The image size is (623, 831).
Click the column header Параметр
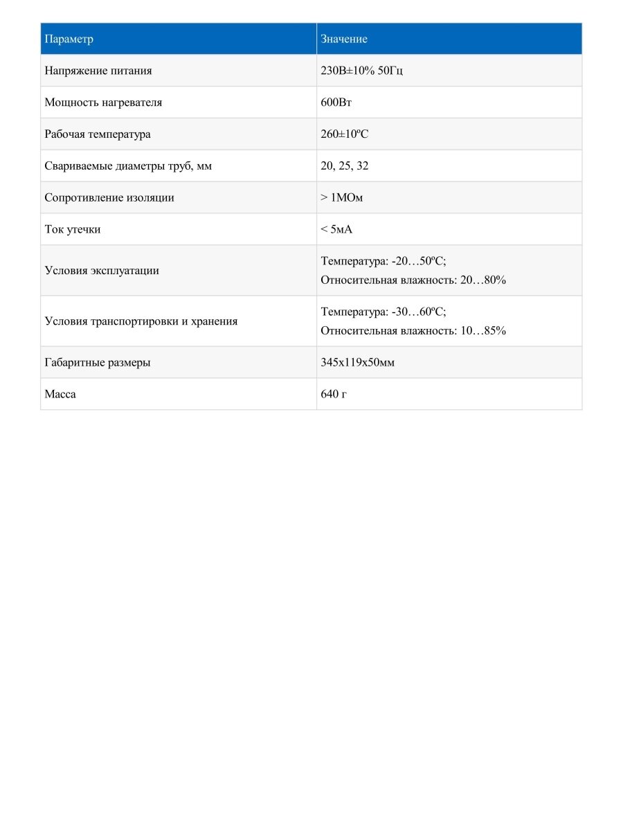69,39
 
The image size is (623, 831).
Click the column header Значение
344,39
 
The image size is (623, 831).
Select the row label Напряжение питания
98,71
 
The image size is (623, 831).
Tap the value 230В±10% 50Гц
362,71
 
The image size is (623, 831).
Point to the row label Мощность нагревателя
103,102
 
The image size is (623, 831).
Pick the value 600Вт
337,102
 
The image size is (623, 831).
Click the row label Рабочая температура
97,134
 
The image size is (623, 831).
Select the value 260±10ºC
345,134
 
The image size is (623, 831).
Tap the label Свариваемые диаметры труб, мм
128,166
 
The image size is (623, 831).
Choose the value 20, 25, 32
345,166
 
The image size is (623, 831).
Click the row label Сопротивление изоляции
109,198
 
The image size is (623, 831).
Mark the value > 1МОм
342,198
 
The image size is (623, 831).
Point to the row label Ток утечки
72,230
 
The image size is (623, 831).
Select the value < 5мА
336,230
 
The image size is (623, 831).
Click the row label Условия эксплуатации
102,271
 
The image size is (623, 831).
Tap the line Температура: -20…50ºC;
383,261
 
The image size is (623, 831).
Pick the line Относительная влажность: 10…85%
413,331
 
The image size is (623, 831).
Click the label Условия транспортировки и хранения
141,321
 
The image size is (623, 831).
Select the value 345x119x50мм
358,363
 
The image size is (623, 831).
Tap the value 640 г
334,395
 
